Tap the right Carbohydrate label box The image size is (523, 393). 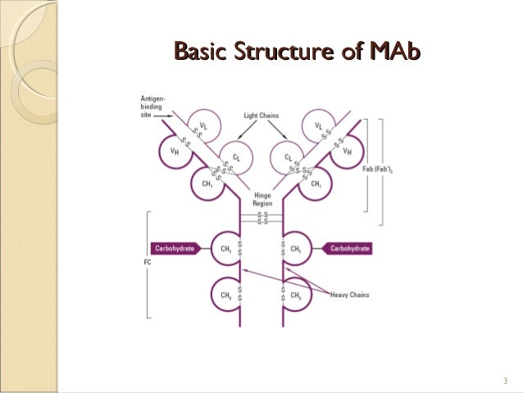coord(345,247)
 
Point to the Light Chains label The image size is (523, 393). coord(261,116)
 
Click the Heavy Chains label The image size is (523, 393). coord(350,294)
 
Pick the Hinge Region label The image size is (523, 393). coord(261,199)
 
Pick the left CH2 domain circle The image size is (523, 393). coord(224,247)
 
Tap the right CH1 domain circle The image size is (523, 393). coord(314,182)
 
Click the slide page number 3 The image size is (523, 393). coord(506,380)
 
